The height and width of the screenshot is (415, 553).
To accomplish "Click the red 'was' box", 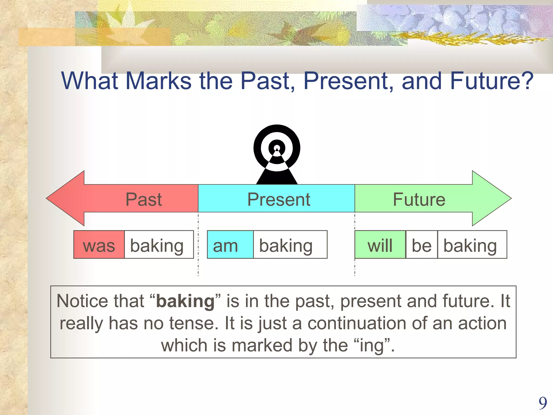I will (99, 245).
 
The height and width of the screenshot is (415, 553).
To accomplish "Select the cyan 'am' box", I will (230, 245).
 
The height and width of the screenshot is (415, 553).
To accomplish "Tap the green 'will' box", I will (380, 245).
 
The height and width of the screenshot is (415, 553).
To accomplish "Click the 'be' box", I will (421, 245).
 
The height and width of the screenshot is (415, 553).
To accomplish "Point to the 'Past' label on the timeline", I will (144, 199).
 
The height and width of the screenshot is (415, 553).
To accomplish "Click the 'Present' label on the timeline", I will (278, 199).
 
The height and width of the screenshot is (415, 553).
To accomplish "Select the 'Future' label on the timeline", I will (419, 199).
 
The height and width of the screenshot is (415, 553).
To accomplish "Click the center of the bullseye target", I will (277, 148).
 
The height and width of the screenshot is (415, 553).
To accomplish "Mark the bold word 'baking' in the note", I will (185, 301).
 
